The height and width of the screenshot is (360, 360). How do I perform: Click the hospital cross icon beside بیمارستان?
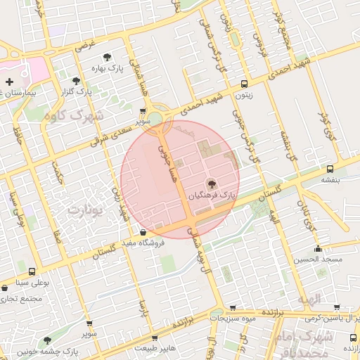pos(8,82)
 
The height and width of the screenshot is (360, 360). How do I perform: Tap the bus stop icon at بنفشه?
pos(330,169)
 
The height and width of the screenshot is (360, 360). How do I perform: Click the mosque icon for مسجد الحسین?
pos(319,248)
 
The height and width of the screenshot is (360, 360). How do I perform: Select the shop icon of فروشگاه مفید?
pos(143,233)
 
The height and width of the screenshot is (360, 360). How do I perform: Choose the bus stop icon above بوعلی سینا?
pos(32,271)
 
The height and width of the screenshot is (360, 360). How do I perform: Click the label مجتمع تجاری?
pos(22,299)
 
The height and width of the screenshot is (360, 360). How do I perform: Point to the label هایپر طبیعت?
pos(158,347)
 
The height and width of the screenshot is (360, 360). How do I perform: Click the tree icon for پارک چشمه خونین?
pos(48,340)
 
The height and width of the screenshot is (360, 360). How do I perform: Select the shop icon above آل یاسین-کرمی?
pos(336,307)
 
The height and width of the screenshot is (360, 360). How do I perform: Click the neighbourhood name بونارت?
pos(88,210)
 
